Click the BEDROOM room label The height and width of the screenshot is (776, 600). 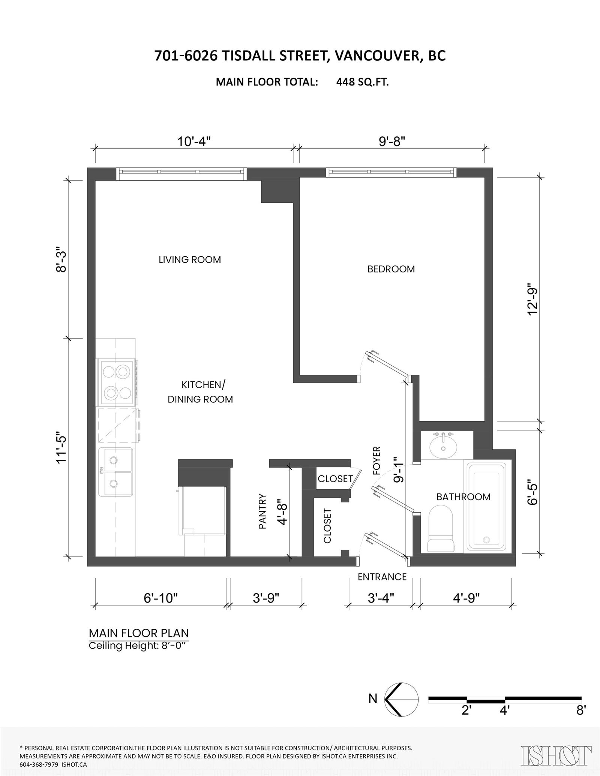point(391,269)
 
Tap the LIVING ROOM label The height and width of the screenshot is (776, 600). point(190,260)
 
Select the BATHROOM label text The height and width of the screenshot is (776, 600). point(463,497)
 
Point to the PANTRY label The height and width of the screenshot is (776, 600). point(262,511)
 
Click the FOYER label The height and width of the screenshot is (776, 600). point(376,461)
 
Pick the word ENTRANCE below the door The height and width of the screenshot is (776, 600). point(382,577)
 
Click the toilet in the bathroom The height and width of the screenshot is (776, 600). point(441,529)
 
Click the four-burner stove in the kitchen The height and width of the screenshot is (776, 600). point(116,382)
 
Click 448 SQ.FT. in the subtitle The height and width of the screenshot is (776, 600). point(362,82)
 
